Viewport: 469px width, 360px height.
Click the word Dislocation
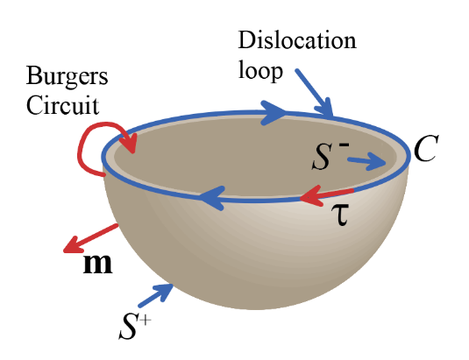click(297, 40)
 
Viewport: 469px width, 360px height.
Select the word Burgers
click(67, 76)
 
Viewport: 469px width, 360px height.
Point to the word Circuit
click(62, 105)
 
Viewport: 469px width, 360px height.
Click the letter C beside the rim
click(426, 148)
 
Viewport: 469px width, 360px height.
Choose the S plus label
click(135, 327)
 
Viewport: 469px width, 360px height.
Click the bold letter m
click(97, 263)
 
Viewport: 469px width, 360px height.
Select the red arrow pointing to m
click(90, 238)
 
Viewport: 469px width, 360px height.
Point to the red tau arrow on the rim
click(326, 195)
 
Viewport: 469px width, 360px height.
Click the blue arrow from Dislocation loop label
click(314, 93)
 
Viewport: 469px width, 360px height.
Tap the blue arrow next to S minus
click(366, 161)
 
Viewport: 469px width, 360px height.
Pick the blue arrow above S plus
click(156, 295)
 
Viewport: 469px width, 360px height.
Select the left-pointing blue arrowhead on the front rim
click(212, 198)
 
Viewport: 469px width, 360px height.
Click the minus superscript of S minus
click(344, 145)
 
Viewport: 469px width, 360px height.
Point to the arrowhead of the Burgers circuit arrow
click(130, 143)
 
